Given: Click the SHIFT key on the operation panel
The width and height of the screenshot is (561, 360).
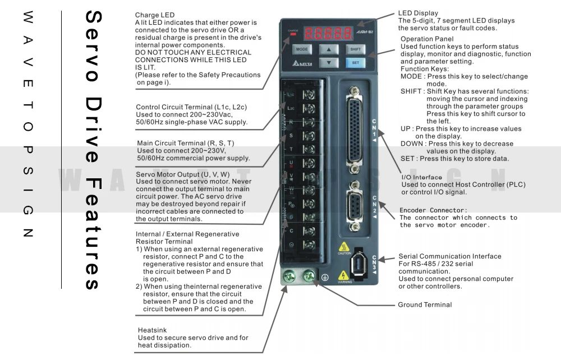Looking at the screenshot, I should (355, 49).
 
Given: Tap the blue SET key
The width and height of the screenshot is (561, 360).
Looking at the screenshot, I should (355, 63).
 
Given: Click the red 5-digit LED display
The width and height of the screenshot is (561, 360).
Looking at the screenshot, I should (328, 33).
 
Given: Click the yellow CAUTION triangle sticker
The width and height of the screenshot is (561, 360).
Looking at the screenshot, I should (343, 247).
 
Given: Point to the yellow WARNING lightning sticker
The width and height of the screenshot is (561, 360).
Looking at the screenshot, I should (343, 276).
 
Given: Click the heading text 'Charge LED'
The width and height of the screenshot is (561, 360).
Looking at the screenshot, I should (155, 15).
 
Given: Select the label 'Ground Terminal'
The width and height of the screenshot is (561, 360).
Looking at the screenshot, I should (425, 305).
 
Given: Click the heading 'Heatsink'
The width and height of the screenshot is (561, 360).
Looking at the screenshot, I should (153, 330).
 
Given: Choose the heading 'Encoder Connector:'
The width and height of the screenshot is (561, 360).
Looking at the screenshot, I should (433, 210).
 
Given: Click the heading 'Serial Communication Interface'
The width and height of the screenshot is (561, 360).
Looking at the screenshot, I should (450, 256).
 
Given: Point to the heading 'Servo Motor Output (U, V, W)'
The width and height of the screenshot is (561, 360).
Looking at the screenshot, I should (183, 174).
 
